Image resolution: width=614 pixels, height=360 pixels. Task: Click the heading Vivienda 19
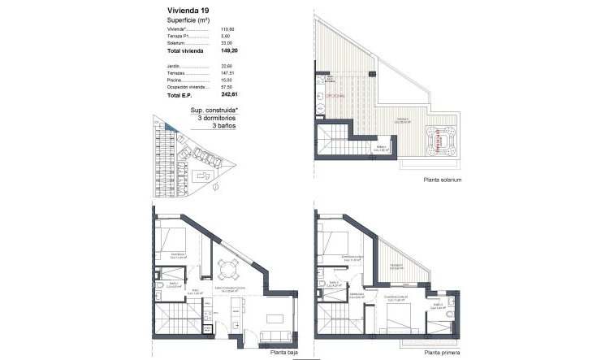point(187,11)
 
